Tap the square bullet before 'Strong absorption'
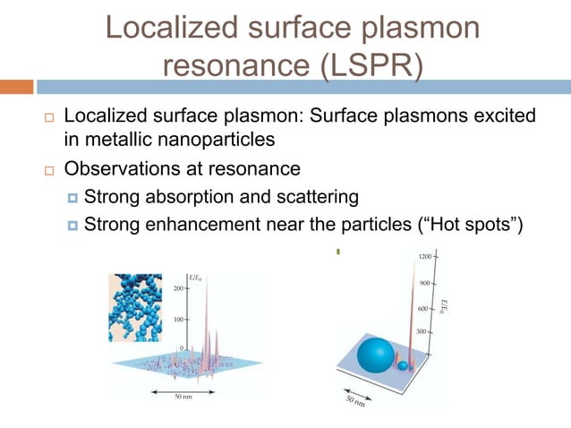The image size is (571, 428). click(72, 197)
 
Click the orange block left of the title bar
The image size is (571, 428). click(17, 87)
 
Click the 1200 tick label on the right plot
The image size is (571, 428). click(427, 258)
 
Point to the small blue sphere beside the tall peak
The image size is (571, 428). click(404, 366)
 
